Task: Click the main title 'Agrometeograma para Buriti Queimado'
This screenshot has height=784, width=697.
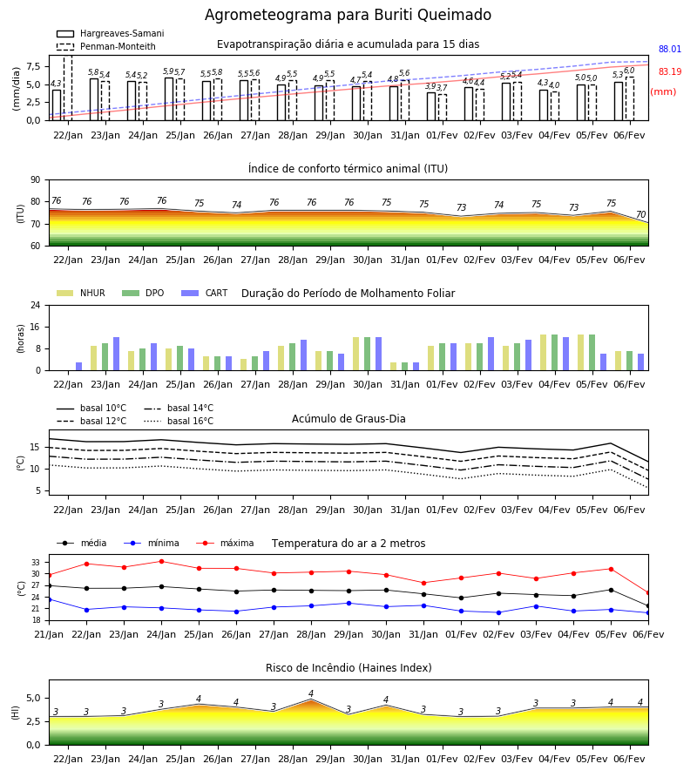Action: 348,15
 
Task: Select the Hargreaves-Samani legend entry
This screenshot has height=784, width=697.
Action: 111,33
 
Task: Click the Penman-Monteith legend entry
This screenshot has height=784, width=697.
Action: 106,46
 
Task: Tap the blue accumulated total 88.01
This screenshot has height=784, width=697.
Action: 670,49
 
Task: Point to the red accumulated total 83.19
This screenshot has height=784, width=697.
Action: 670,71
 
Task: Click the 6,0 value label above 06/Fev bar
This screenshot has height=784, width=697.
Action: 629,71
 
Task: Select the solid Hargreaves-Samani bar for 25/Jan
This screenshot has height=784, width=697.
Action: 169,99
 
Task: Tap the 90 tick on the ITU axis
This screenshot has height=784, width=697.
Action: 36,180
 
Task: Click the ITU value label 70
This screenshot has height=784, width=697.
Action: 640,214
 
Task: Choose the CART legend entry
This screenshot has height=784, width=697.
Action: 205,293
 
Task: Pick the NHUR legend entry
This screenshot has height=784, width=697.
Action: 81,293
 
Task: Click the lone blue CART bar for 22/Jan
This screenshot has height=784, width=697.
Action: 79,367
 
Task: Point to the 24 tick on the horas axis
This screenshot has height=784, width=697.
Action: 36,305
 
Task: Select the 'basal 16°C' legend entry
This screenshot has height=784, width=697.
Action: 179,421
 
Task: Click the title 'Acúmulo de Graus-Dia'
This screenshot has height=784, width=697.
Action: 348,419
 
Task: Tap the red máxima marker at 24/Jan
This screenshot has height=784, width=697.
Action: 161,562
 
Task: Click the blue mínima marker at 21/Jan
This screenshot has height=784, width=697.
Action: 49,599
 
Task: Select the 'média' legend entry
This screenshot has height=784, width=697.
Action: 82,543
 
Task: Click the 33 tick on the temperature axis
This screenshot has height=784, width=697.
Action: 36,563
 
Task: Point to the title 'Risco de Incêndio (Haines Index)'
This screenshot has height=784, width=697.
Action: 348,668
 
